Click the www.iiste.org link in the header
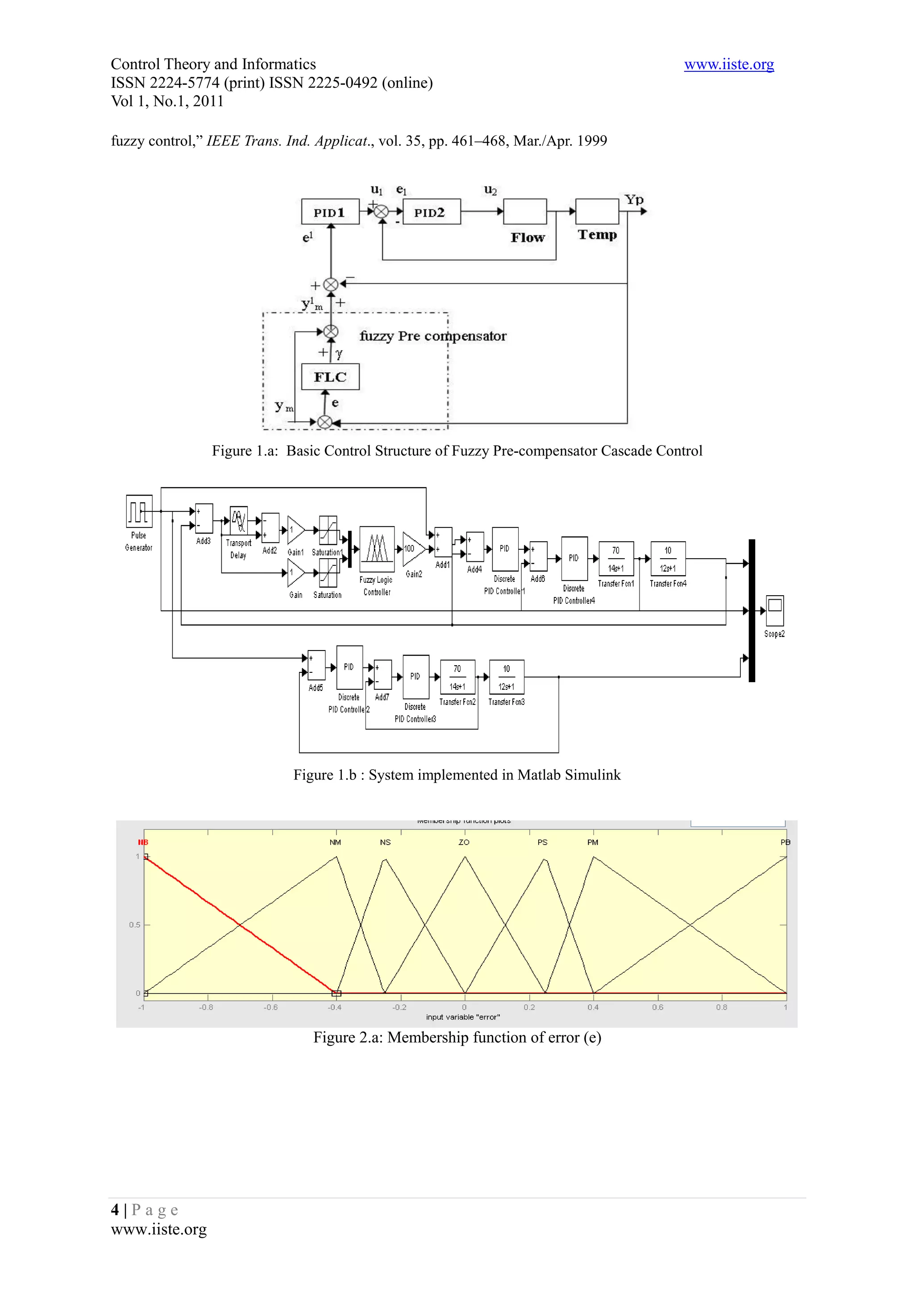(728, 64)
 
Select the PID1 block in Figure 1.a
(330, 212)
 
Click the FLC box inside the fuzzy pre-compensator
(330, 377)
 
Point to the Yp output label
(634, 199)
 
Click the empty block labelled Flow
(524, 212)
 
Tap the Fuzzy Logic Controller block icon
(377, 548)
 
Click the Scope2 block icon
(774, 610)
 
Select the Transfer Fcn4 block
(668, 559)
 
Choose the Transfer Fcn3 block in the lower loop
(506, 677)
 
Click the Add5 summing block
(316, 665)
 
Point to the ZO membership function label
(464, 842)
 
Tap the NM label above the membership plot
(335, 842)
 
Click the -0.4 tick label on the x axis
(335, 1007)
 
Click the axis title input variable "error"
(463, 1017)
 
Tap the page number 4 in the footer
(115, 1210)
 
